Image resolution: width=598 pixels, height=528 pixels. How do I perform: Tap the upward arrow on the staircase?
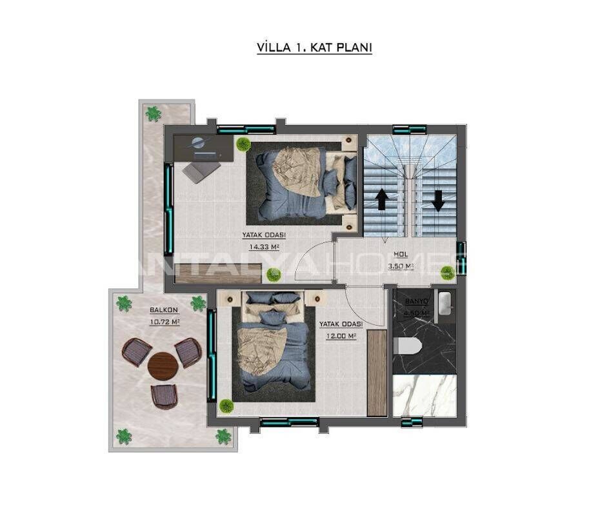(381, 199)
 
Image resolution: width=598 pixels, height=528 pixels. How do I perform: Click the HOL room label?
(401, 254)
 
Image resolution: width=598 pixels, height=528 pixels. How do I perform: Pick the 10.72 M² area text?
(164, 321)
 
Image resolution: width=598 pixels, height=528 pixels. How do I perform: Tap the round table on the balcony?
(163, 366)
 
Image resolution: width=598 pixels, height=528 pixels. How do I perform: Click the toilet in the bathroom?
(407, 346)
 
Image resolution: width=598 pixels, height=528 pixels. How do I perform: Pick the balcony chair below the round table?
(164, 395)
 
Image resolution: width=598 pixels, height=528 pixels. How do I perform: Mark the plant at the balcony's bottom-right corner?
(223, 436)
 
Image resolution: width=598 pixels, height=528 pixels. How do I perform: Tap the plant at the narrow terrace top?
(154, 114)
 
